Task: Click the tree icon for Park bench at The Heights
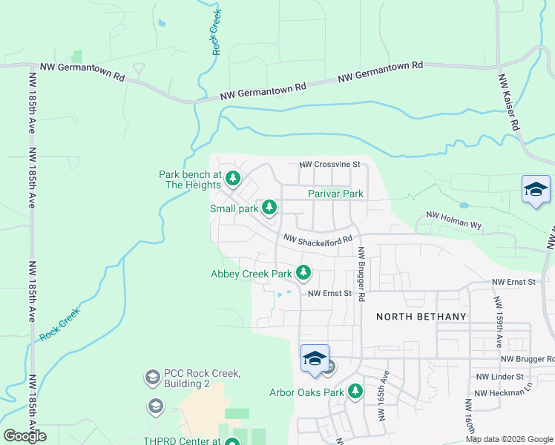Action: tap(233, 178)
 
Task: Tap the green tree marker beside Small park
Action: tap(270, 208)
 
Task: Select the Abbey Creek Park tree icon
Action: tap(303, 273)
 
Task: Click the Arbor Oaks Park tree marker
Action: tap(356, 391)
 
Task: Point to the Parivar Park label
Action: tap(335, 194)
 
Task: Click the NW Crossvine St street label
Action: tap(329, 164)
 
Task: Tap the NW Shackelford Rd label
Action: tap(318, 240)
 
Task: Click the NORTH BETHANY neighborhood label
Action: tap(421, 317)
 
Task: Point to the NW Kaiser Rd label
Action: tap(508, 102)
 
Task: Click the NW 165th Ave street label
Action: tap(387, 394)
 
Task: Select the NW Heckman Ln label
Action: tap(505, 393)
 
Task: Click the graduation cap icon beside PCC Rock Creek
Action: tap(152, 378)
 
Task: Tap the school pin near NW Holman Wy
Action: tap(536, 191)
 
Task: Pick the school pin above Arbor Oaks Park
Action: tap(315, 359)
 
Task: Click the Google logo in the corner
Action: tap(25, 436)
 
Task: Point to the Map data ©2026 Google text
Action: tap(508, 439)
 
